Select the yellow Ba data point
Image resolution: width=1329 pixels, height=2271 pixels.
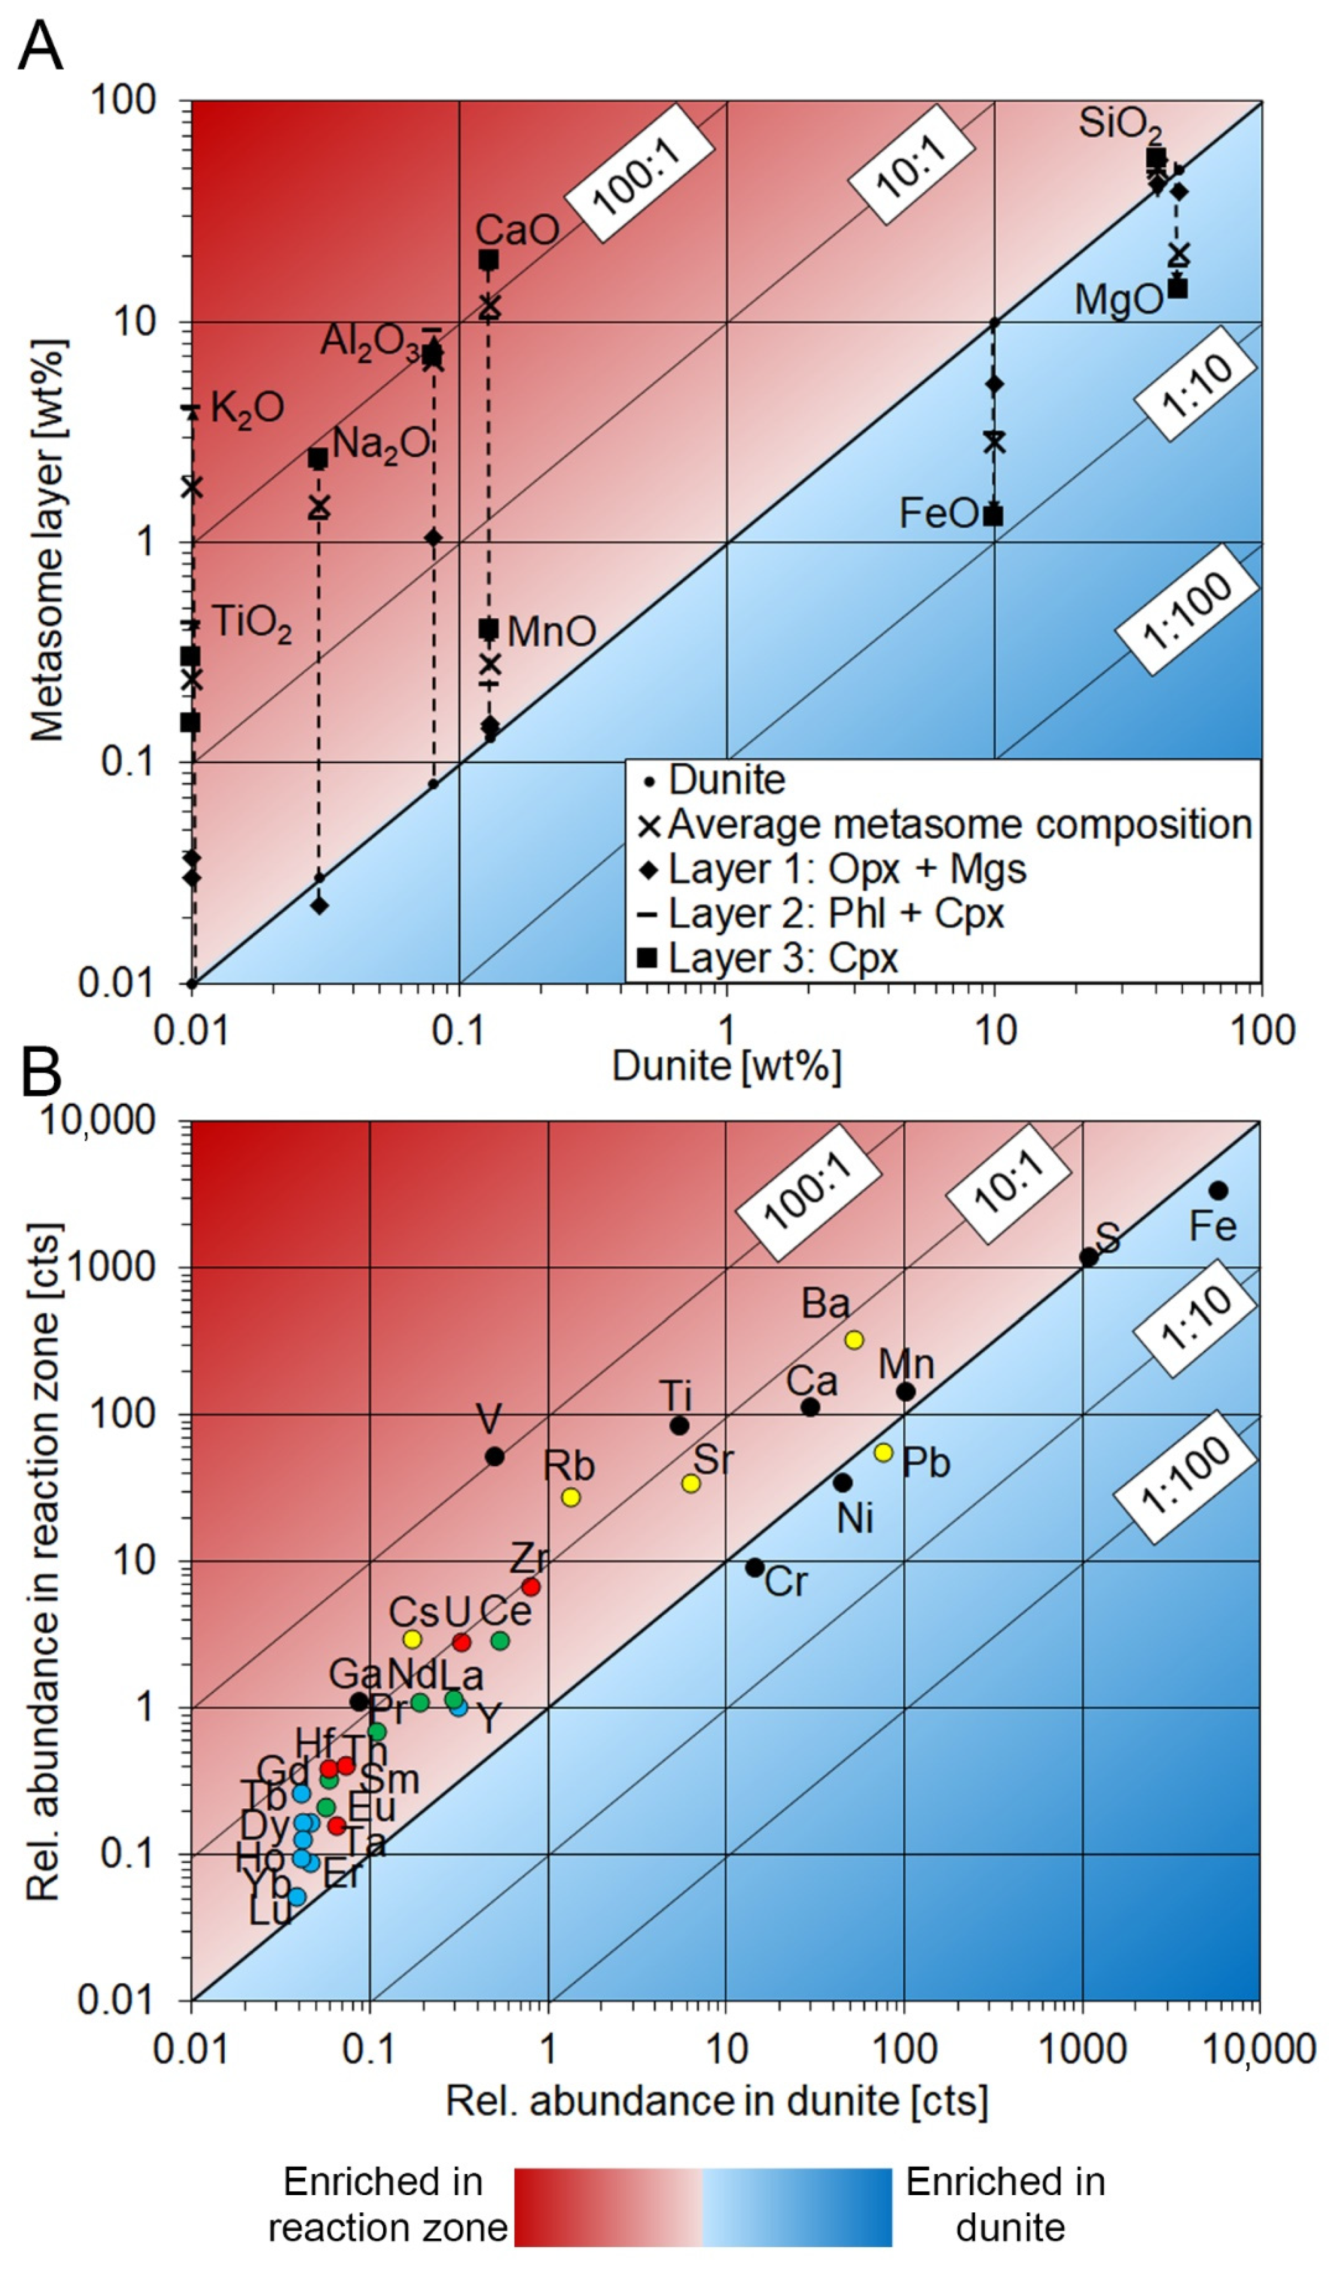pos(854,1340)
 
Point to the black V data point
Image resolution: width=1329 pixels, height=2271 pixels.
pos(495,1456)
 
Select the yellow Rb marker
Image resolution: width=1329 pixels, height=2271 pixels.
pos(570,1498)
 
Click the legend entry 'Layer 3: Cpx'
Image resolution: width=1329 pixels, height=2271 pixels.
pos(782,958)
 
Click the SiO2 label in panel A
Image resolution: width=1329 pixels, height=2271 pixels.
pos(1120,124)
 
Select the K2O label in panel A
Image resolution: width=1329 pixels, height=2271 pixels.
pos(247,408)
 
